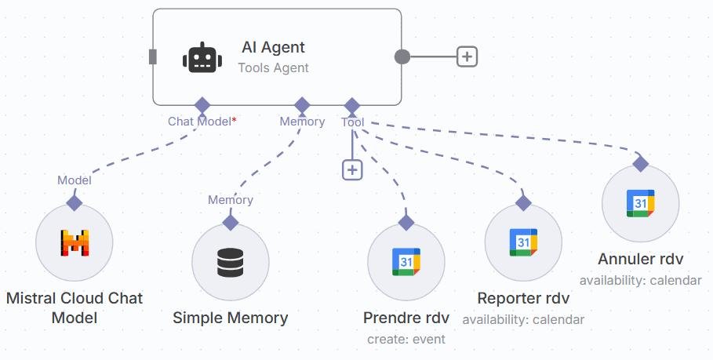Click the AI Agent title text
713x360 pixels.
(273, 48)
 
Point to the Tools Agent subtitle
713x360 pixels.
(273, 68)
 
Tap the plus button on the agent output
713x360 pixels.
(467, 56)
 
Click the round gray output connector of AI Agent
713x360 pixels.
(402, 56)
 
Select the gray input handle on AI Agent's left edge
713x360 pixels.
(153, 56)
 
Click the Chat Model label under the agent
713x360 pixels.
(200, 122)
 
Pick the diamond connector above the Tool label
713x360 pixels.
(352, 105)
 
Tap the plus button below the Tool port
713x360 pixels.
(352, 169)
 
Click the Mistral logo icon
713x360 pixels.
(75, 243)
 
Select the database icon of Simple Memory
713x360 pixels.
(231, 262)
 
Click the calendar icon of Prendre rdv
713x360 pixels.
(406, 262)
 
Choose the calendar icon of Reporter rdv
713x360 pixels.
(523, 242)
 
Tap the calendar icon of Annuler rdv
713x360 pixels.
(640, 204)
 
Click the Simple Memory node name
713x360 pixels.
(231, 318)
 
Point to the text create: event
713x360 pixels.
(406, 340)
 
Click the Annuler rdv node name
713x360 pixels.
(640, 260)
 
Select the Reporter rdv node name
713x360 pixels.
(523, 299)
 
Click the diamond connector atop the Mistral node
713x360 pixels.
(75, 203)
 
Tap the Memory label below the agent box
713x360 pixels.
(302, 122)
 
